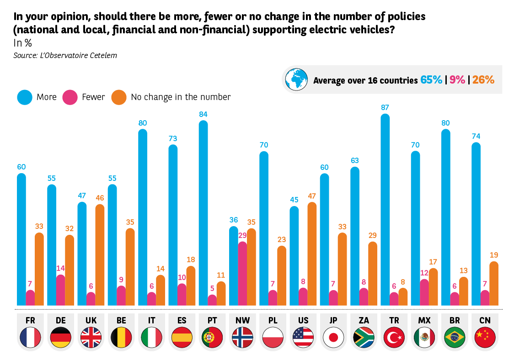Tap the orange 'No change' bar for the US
[x=312, y=254]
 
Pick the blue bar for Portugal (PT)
[x=203, y=213]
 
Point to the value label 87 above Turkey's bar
[x=385, y=107]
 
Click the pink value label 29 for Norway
[x=242, y=235]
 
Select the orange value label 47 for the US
[x=312, y=196]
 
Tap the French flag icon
[x=30, y=338]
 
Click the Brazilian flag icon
[x=455, y=338]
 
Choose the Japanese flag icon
[x=333, y=338]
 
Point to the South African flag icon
[x=364, y=338]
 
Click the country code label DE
[x=60, y=320]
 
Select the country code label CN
[x=485, y=320]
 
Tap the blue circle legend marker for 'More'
[x=25, y=97]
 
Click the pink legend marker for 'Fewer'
[x=70, y=97]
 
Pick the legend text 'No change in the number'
[x=181, y=97]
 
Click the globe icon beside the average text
[x=297, y=79]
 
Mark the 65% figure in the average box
[x=431, y=80]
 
